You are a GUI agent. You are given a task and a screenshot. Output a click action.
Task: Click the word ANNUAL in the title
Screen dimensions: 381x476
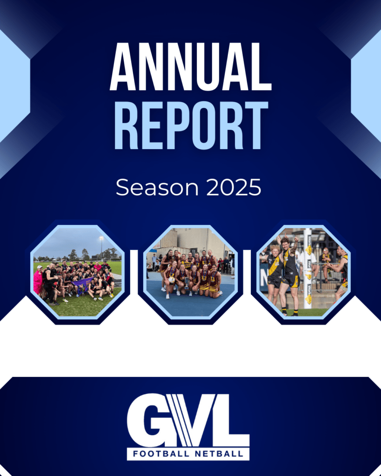tap(191, 66)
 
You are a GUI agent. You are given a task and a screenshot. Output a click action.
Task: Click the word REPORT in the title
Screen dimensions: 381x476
tap(191, 125)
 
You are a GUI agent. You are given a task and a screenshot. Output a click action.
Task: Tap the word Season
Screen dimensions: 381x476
tap(157, 188)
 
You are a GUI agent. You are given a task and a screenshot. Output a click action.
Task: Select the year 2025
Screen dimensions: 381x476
tap(234, 187)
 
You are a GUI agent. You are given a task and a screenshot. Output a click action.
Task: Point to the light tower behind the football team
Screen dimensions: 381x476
tap(101, 247)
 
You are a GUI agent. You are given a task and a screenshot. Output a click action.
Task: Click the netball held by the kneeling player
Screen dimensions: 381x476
tap(172, 280)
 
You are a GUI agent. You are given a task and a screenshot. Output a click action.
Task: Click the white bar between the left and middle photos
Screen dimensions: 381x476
tap(134, 271)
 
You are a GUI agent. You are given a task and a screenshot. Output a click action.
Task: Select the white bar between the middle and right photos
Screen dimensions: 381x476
tap(247, 271)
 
